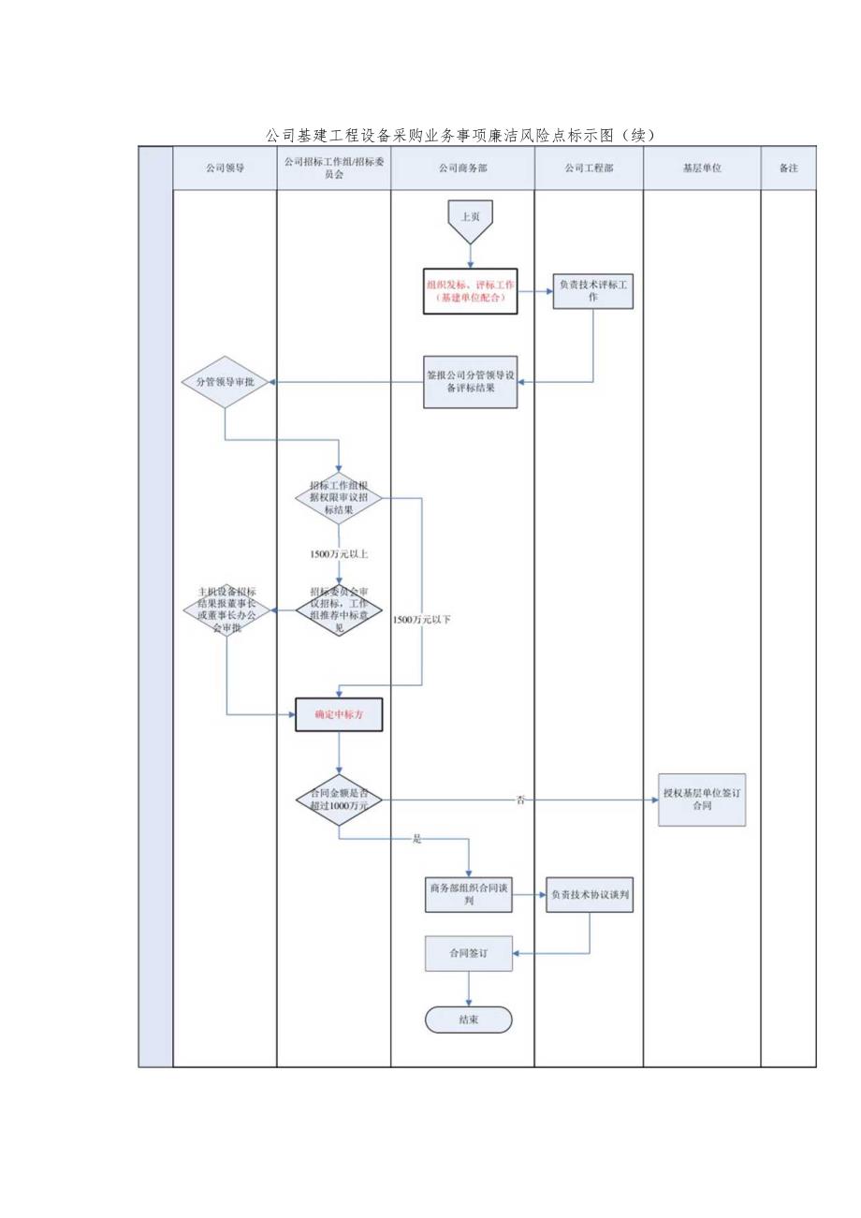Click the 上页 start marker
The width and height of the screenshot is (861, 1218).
[470, 217]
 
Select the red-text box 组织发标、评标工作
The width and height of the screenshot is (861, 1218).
[470, 291]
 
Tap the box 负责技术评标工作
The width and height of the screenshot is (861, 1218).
[593, 289]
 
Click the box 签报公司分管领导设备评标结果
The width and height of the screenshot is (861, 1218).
[471, 382]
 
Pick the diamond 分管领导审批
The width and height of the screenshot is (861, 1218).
[225, 382]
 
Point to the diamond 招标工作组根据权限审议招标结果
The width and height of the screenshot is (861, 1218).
[339, 498]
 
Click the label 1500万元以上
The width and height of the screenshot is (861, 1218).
[339, 554]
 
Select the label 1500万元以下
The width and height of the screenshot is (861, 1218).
[421, 620]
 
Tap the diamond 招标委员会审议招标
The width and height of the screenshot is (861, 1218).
[339, 610]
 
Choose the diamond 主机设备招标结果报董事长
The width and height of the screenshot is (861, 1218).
[227, 610]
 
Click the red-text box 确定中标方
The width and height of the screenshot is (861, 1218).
[339, 715]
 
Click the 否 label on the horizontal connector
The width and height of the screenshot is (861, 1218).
[520, 800]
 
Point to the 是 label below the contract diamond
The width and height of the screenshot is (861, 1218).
[417, 839]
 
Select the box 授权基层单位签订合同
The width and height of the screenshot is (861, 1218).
[702, 800]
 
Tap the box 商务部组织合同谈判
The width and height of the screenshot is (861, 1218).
[469, 895]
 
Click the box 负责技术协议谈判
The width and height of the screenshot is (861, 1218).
[591, 895]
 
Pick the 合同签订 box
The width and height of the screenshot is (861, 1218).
[469, 954]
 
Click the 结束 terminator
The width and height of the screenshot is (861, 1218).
[469, 1020]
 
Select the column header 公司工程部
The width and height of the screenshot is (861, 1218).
[589, 169]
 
